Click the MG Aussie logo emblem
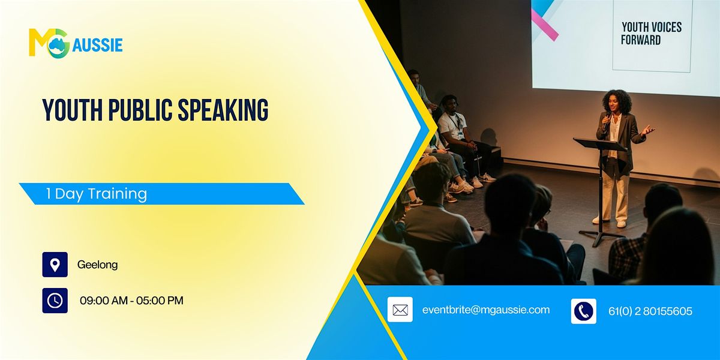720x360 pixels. (49, 43)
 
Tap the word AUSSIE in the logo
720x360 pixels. (97, 45)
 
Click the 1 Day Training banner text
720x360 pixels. (96, 194)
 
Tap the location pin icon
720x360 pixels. (55, 265)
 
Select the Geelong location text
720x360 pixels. (97, 265)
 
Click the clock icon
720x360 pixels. (55, 301)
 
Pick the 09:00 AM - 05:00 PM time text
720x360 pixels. (131, 301)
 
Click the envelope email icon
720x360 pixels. (400, 310)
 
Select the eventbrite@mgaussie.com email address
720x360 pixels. (486, 310)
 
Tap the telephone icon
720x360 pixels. (583, 311)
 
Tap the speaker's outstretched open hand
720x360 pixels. (647, 130)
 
